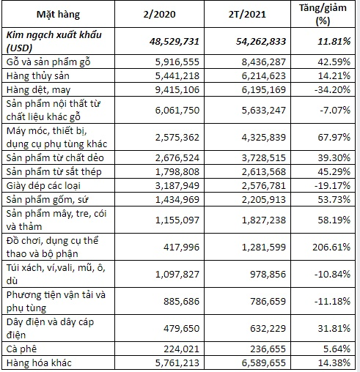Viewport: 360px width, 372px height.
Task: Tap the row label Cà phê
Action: coord(24,348)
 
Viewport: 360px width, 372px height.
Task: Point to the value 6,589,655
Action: coord(264,362)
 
